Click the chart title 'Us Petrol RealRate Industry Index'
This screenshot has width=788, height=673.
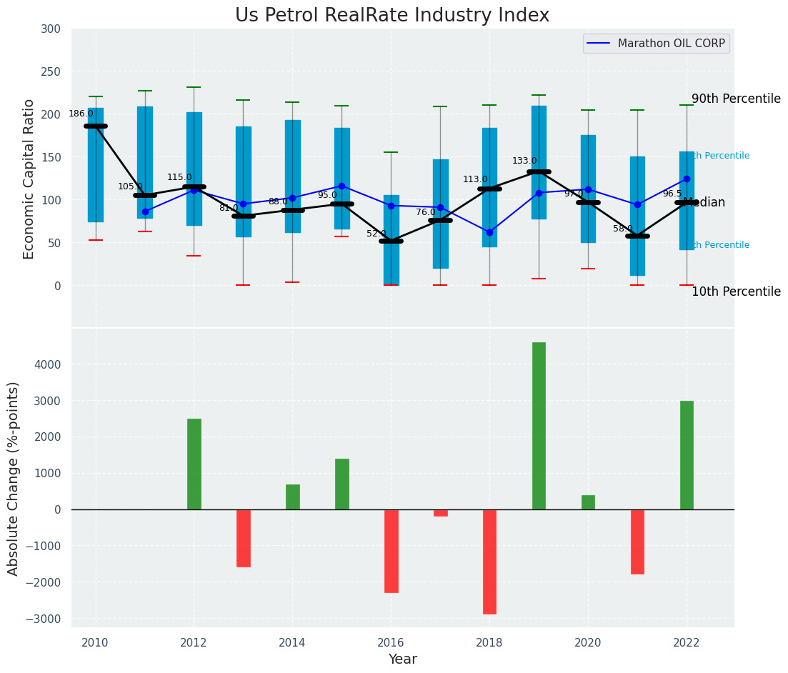(392, 16)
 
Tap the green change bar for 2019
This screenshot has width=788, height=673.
(539, 426)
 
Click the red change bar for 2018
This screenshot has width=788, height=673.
(489, 562)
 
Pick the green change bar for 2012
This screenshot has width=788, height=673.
(194, 464)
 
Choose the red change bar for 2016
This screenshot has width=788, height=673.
(391, 551)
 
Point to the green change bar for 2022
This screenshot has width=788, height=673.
(687, 455)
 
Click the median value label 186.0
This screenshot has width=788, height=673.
(81, 114)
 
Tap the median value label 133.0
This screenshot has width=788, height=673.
(524, 161)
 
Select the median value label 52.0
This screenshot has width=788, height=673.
(376, 234)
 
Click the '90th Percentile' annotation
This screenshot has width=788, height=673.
(736, 99)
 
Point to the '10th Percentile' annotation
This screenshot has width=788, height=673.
(736, 291)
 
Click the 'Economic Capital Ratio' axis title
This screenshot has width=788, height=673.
(29, 179)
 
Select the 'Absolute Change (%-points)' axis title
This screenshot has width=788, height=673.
(14, 478)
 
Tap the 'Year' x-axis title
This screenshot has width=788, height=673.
(402, 659)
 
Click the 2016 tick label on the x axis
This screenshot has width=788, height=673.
(391, 642)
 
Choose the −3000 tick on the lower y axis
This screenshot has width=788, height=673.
(52, 619)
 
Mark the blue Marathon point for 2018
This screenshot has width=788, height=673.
(489, 232)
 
